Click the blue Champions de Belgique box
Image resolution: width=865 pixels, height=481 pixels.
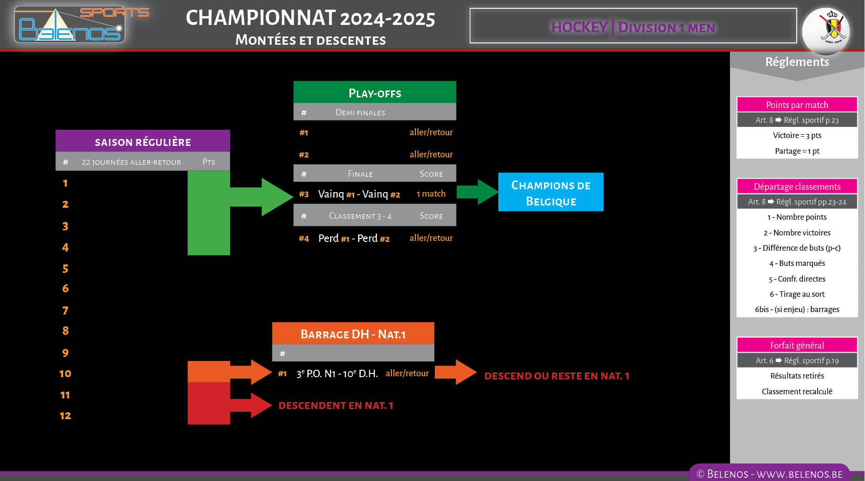coord(551,192)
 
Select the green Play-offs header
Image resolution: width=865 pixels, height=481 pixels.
coord(374,93)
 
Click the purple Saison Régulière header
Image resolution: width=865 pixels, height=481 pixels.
coord(142,142)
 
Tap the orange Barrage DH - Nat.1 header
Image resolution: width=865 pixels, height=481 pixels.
coord(353,334)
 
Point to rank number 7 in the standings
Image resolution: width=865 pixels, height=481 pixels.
coord(65,310)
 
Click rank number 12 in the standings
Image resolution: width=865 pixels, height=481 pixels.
coord(65,415)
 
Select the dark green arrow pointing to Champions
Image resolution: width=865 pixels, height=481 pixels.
coord(477,192)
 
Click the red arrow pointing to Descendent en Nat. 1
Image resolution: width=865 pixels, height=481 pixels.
coord(251,405)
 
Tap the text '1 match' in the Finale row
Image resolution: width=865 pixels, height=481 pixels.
coord(431,194)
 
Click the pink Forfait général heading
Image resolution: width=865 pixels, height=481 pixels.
coord(797,345)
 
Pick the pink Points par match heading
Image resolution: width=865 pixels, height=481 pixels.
coord(797,105)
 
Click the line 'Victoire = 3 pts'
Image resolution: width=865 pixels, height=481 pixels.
coord(797,135)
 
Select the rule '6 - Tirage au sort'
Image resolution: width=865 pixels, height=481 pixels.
coord(797,294)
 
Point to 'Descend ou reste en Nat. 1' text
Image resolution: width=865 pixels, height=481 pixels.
coord(557,376)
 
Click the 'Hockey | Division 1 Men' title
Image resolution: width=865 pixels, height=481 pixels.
coord(633,27)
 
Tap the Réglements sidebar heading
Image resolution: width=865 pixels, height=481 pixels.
coord(797,62)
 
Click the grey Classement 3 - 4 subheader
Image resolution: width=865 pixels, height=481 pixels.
coord(374,216)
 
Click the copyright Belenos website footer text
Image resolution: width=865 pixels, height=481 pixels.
coord(769,474)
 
